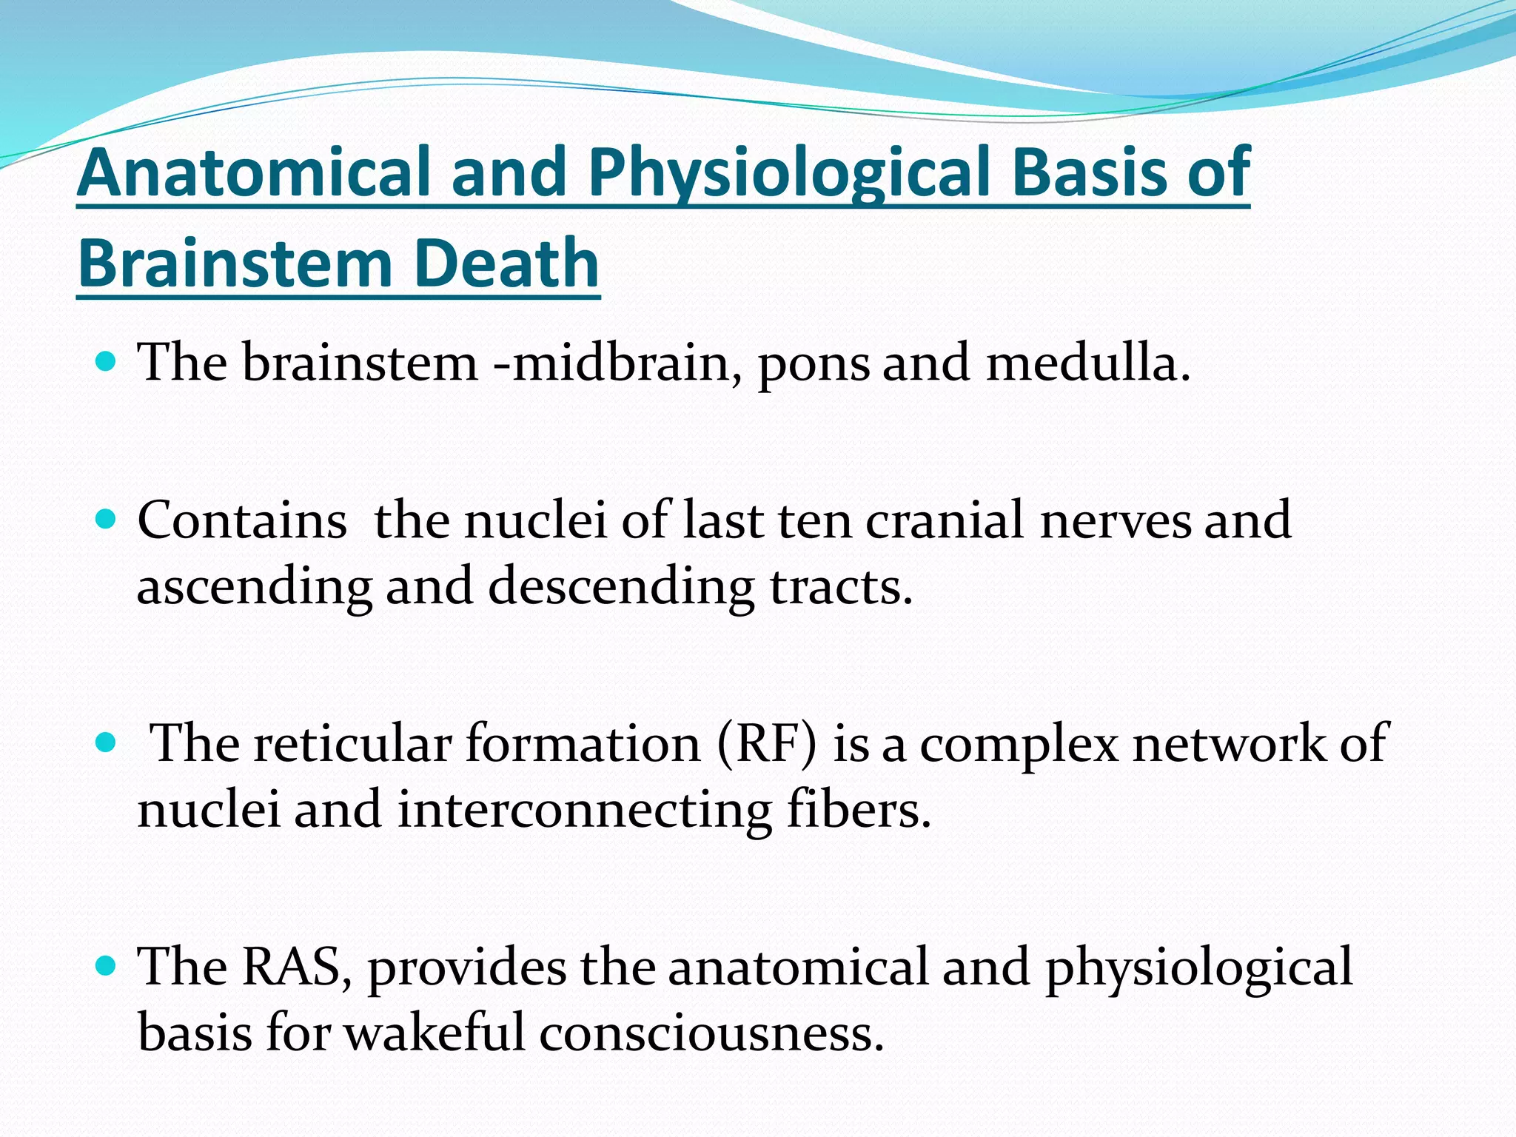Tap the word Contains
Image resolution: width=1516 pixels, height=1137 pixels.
pyautogui.click(x=242, y=520)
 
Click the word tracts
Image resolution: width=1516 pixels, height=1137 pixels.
pyautogui.click(x=840, y=586)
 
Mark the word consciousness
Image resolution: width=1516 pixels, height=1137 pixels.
pyautogui.click(x=711, y=1033)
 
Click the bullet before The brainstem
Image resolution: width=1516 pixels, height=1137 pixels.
pyautogui.click(x=107, y=362)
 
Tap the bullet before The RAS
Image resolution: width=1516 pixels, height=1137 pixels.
pyautogui.click(x=107, y=965)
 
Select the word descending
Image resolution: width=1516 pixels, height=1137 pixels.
pyautogui.click(x=620, y=586)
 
